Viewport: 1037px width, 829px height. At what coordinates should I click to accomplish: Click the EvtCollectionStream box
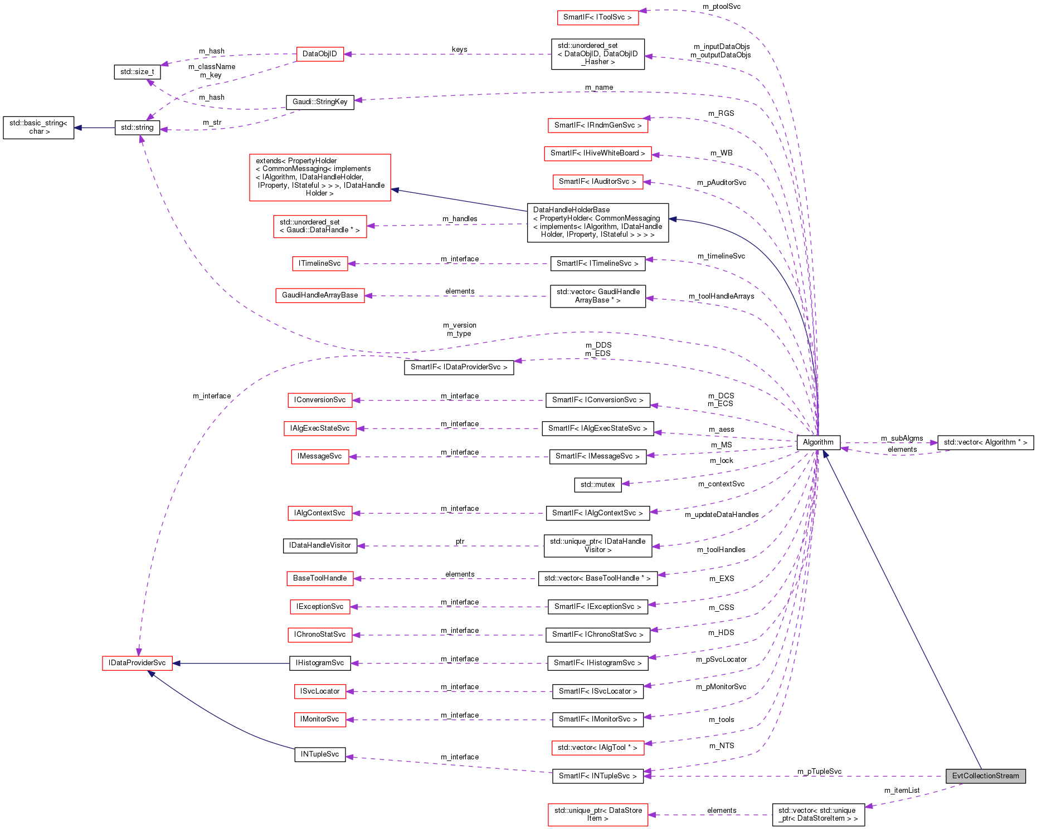(x=985, y=776)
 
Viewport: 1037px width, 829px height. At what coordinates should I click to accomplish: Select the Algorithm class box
(x=818, y=442)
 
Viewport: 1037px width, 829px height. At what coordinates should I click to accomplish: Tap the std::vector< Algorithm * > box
(x=985, y=442)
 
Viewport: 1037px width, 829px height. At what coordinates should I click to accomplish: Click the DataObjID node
(x=320, y=54)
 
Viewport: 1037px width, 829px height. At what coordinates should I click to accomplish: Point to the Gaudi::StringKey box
(x=320, y=102)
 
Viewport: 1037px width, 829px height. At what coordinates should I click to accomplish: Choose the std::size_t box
(x=137, y=72)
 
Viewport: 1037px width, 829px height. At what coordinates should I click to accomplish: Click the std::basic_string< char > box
(x=38, y=128)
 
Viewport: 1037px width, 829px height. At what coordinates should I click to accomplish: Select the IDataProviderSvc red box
(x=137, y=663)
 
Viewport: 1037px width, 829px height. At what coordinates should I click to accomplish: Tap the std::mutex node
(x=597, y=485)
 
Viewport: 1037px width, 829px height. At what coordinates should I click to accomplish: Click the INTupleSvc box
(x=320, y=754)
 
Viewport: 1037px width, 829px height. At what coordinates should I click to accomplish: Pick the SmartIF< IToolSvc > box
(x=597, y=17)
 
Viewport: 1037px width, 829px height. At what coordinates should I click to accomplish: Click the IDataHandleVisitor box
(x=320, y=545)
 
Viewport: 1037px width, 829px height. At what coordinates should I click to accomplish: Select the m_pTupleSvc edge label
(x=819, y=771)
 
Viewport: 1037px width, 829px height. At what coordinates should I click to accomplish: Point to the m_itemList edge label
(x=902, y=790)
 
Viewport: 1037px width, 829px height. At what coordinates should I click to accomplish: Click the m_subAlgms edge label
(x=902, y=438)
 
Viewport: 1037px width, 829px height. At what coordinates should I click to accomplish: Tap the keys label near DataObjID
(x=459, y=50)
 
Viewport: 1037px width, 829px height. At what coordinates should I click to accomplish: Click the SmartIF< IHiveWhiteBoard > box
(x=597, y=153)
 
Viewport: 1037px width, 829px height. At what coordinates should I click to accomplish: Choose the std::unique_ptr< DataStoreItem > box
(x=597, y=815)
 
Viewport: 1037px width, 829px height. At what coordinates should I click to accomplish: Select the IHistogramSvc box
(x=320, y=663)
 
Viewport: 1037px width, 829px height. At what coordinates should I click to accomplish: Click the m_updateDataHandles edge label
(x=722, y=514)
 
